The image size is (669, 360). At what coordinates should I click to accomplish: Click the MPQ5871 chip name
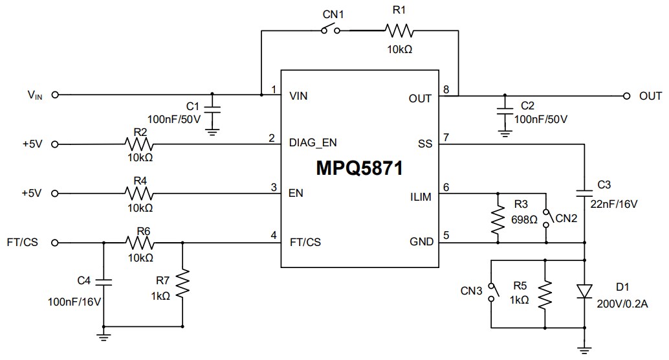coord(360,168)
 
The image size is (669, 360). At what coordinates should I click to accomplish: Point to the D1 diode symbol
coord(585,292)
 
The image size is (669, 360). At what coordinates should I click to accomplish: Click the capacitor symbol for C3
coord(585,192)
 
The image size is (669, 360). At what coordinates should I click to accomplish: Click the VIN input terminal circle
coord(54,95)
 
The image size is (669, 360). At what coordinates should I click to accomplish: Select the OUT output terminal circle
coord(626,96)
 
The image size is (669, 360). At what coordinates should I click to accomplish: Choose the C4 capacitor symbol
coord(104,282)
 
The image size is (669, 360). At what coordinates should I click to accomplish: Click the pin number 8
coord(445,89)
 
